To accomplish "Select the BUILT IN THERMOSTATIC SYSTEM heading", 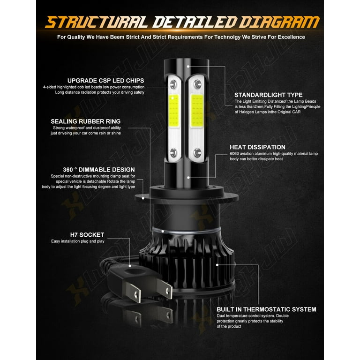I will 266,309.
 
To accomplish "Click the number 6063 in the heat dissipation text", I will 236,154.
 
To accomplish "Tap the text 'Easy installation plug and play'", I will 78,241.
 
